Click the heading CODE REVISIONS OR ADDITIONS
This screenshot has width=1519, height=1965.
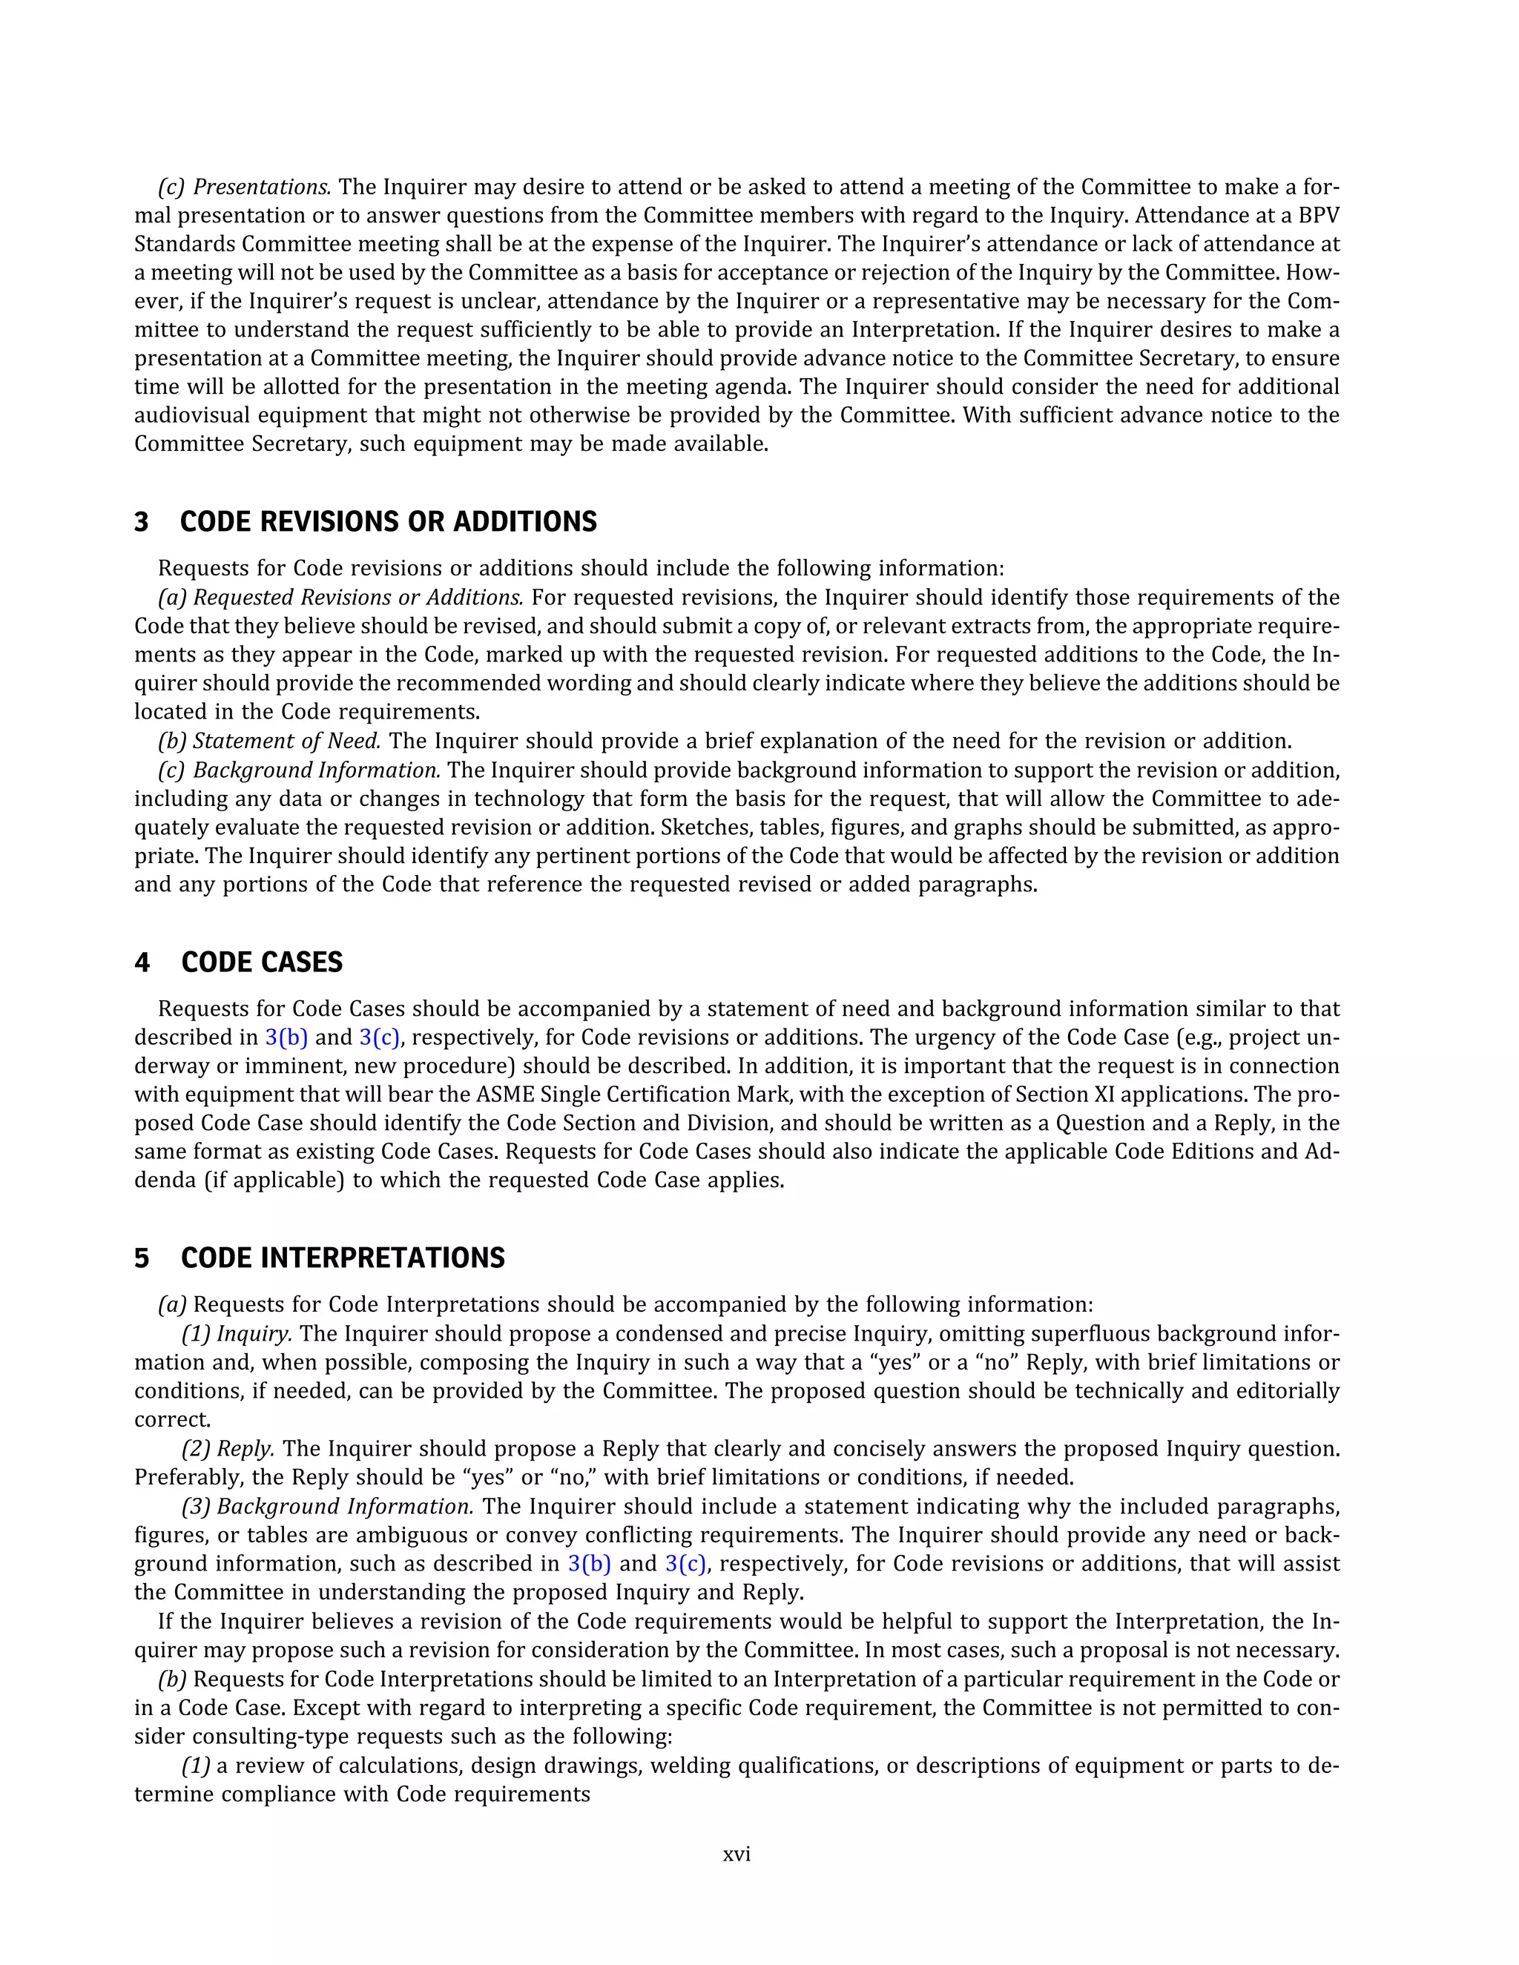click(x=388, y=522)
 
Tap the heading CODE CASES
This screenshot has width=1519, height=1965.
click(x=261, y=962)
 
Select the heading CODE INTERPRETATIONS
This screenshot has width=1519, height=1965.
click(x=342, y=1258)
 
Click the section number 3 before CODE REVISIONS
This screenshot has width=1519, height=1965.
click(x=141, y=522)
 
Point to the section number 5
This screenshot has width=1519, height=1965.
click(x=141, y=1258)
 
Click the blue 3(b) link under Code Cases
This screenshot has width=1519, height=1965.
click(x=286, y=1037)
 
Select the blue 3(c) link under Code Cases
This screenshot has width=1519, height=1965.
click(x=379, y=1037)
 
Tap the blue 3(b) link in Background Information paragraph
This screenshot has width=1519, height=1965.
click(x=590, y=1564)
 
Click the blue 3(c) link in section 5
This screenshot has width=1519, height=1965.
click(x=686, y=1564)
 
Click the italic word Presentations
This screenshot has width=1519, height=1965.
click(x=262, y=187)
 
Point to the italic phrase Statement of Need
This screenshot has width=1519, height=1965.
click(x=287, y=742)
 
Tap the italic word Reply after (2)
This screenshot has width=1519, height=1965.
click(x=246, y=1449)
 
